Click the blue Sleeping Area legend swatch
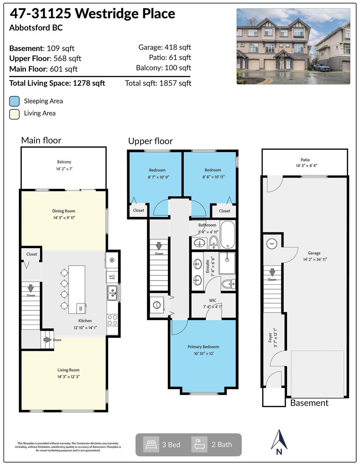point(14,101)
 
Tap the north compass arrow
point(279,440)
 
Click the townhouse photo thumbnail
point(293,46)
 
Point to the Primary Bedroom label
point(203,347)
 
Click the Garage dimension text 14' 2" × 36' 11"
point(315,259)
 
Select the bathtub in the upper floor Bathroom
point(228,235)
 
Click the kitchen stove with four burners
point(112,320)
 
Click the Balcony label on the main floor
point(64,162)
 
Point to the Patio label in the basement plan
point(305,160)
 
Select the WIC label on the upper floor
point(212,301)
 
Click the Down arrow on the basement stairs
point(272,272)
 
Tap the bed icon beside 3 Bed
point(151,444)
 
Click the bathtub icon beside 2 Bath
point(199,444)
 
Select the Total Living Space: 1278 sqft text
point(57,83)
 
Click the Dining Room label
point(64,211)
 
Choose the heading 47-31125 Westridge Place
point(92,14)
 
